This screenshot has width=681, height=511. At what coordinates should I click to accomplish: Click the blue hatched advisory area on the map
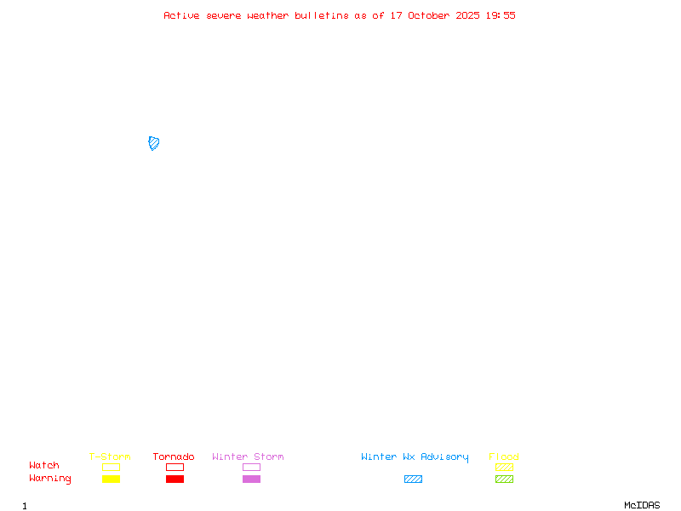click(x=154, y=143)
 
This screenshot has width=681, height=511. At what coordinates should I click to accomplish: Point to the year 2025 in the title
click(x=467, y=15)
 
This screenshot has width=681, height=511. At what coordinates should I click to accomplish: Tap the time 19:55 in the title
click(x=501, y=15)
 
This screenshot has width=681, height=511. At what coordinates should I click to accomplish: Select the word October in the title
click(x=429, y=15)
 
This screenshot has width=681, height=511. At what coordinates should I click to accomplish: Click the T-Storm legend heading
click(x=110, y=456)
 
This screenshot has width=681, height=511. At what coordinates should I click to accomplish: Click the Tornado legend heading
click(x=174, y=456)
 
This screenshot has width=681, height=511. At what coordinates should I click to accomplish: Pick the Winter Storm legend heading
click(x=248, y=456)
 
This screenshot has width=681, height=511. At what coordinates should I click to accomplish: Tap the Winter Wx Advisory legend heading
click(x=415, y=457)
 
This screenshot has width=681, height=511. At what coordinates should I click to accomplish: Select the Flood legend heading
click(x=504, y=456)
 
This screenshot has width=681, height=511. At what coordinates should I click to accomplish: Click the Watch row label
click(x=44, y=465)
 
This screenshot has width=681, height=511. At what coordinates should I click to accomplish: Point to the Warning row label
click(x=50, y=479)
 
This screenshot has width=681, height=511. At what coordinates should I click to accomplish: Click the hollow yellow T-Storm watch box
click(x=112, y=467)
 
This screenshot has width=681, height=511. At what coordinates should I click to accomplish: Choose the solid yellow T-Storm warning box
click(x=112, y=479)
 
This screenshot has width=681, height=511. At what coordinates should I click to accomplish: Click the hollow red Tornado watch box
click(x=175, y=467)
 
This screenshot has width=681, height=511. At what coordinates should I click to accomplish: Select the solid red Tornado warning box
click(x=175, y=479)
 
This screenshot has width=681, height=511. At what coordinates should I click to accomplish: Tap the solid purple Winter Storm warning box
click(x=251, y=479)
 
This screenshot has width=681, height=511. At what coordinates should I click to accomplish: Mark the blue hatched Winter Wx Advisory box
click(x=413, y=479)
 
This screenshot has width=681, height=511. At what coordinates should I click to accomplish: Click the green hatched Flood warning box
click(x=504, y=479)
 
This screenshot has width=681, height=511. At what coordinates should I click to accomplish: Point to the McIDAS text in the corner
click(x=642, y=505)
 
